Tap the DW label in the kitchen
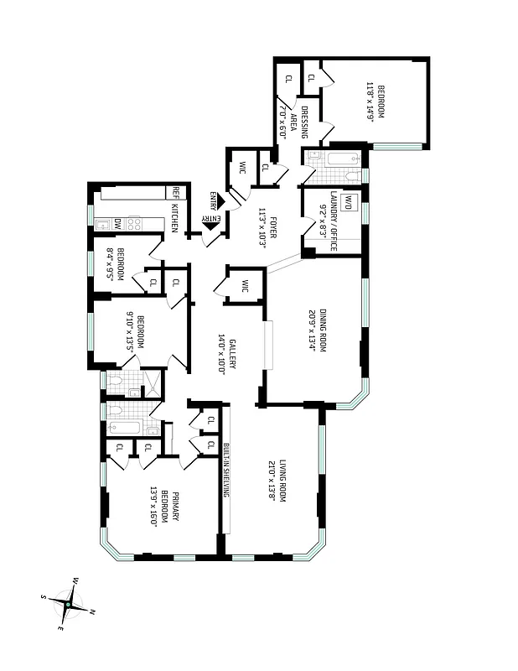(118, 225)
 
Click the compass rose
(68, 601)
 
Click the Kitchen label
(174, 217)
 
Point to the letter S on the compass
(44, 596)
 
